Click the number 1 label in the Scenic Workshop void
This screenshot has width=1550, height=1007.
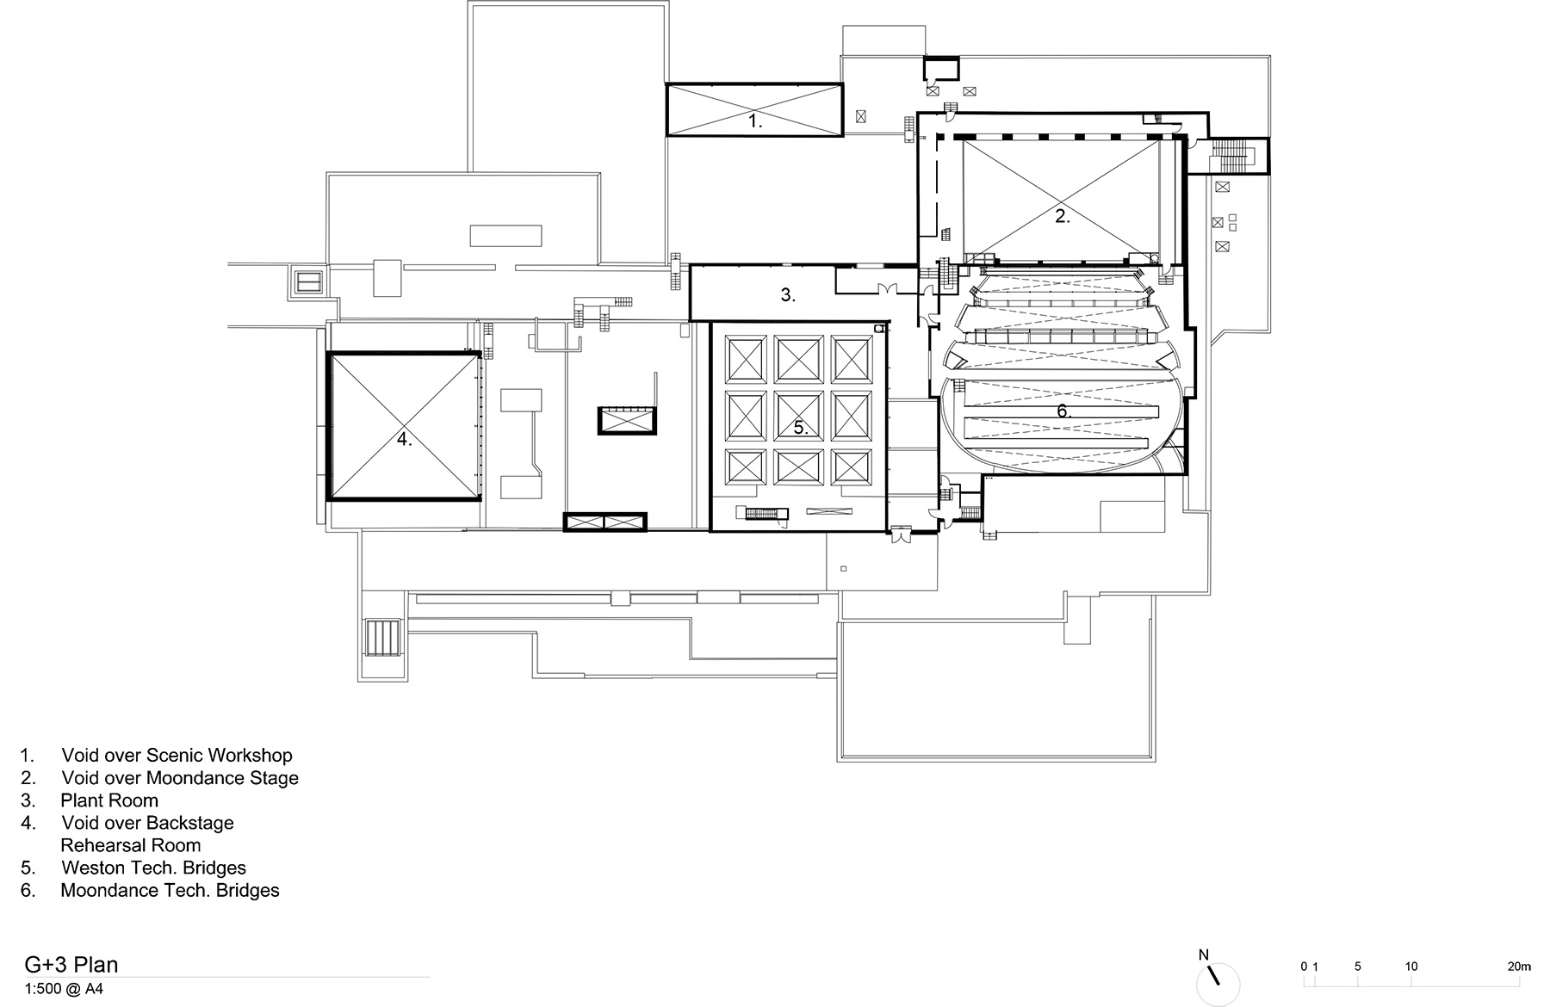click(x=754, y=121)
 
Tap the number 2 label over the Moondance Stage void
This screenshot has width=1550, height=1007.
click(x=1063, y=217)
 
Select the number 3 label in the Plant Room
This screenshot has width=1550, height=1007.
click(x=787, y=294)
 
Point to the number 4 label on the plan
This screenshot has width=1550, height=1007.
click(x=404, y=439)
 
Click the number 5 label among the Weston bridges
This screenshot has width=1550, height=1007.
click(x=801, y=427)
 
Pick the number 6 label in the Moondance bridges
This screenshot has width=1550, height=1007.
click(x=1063, y=411)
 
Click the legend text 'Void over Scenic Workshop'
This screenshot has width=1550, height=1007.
click(x=177, y=756)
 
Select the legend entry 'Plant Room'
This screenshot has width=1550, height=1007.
click(x=109, y=800)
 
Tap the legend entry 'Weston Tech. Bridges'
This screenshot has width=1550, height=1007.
click(x=153, y=868)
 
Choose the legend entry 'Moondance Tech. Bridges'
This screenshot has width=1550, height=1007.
click(x=170, y=890)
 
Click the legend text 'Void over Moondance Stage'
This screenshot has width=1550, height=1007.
click(x=180, y=778)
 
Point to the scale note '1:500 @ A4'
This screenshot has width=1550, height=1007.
click(x=64, y=989)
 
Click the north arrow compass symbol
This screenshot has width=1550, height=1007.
click(x=1218, y=983)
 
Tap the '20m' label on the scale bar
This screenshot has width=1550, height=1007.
click(x=1520, y=967)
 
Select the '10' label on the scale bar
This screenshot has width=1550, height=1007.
click(x=1411, y=967)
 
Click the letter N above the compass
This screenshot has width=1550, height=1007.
click(x=1204, y=954)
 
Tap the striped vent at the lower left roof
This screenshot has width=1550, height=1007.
click(x=382, y=638)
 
